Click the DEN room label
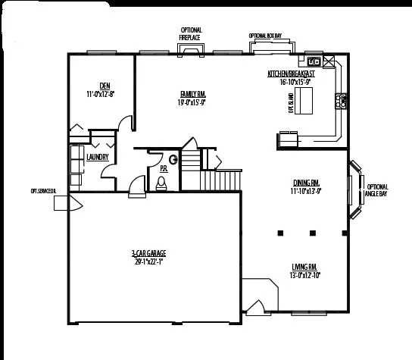pyautogui.click(x=100, y=86)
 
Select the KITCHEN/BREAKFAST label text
pyautogui.click(x=291, y=74)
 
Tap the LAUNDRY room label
pyautogui.click(x=98, y=157)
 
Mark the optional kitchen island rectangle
pyautogui.click(x=303, y=99)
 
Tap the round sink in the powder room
pyautogui.click(x=173, y=159)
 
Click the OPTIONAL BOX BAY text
pyautogui.click(x=266, y=36)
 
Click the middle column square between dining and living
pyautogui.click(x=313, y=233)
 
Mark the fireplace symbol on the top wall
pyautogui.click(x=190, y=51)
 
